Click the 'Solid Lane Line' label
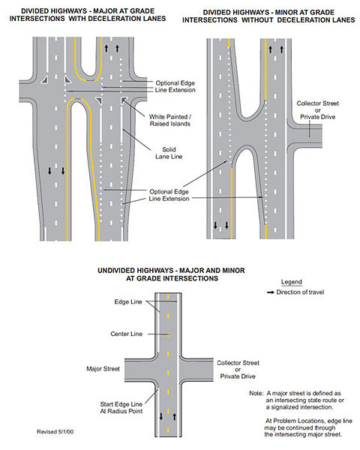click(x=169, y=153)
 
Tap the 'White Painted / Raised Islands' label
click(x=170, y=120)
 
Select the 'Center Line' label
click(x=126, y=334)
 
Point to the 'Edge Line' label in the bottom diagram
click(x=128, y=301)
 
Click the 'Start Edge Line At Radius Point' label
click(x=121, y=407)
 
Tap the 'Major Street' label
click(x=103, y=368)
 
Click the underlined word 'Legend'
click(x=292, y=282)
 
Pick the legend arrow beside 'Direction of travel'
click(x=271, y=292)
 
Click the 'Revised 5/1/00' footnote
click(x=55, y=432)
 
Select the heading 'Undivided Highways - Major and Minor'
click(x=172, y=270)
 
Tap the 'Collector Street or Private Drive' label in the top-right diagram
click(x=318, y=110)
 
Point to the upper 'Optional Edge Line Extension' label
click(x=175, y=86)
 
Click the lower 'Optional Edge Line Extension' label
click(x=169, y=195)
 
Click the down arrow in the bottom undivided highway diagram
click(x=161, y=416)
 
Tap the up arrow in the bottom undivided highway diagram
click(x=174, y=416)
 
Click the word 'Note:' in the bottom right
click(x=256, y=393)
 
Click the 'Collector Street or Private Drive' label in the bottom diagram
click(x=238, y=369)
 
